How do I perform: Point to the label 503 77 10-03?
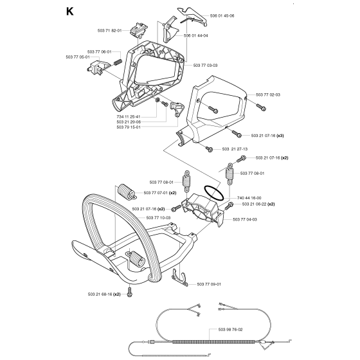[159, 218]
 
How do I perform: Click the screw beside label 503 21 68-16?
[129, 293]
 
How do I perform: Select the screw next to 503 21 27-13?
[210, 149]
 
